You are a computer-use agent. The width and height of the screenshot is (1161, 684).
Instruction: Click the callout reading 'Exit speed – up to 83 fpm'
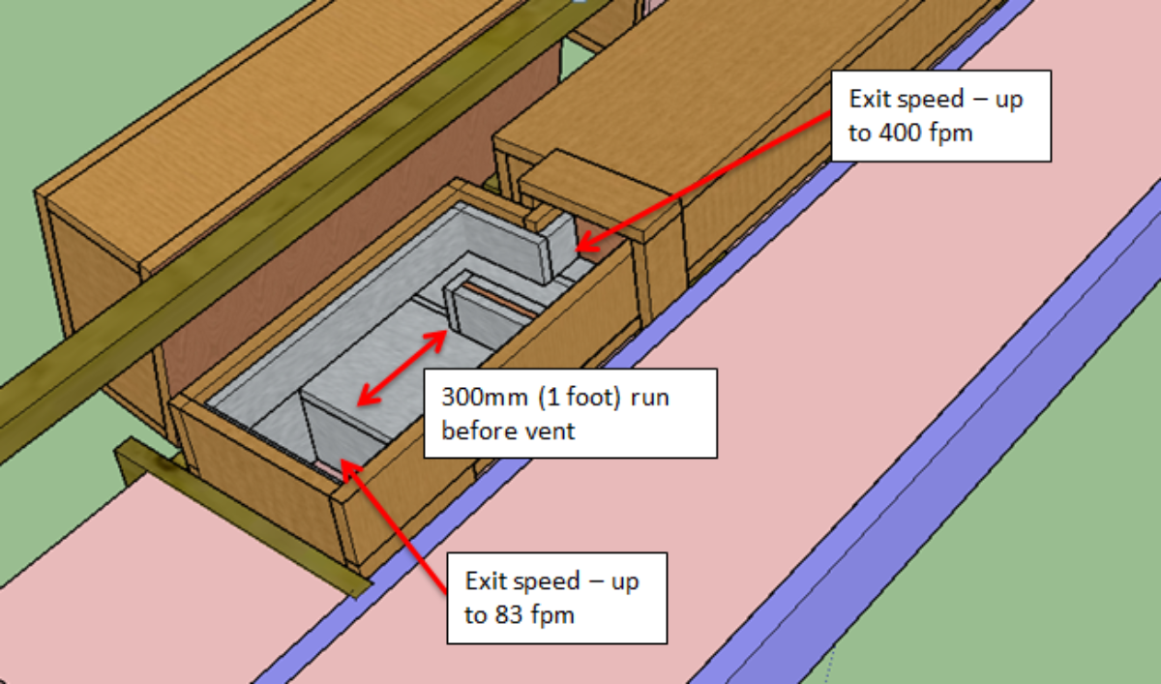point(556,597)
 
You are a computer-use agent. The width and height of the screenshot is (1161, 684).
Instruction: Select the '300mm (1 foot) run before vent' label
point(569,413)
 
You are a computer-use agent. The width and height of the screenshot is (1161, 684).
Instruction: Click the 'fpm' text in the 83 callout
point(551,614)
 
